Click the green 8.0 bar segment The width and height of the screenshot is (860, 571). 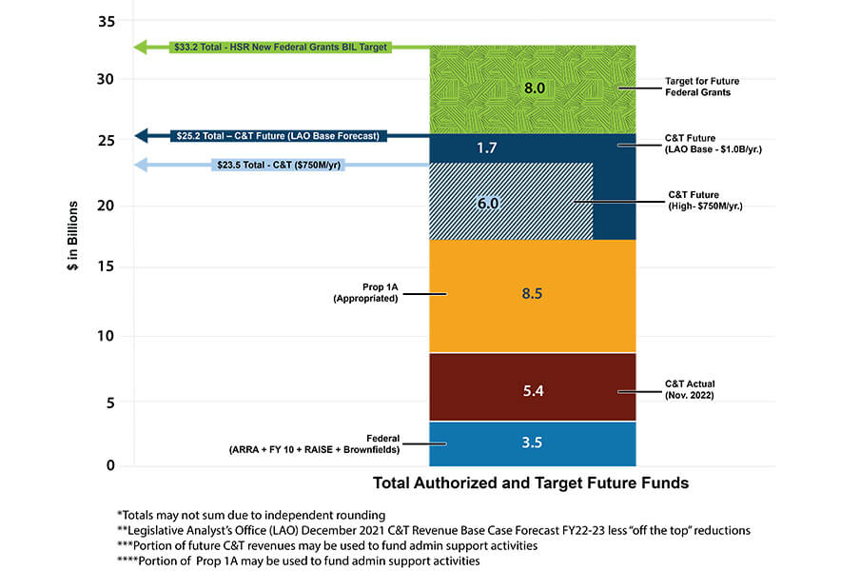click(533, 89)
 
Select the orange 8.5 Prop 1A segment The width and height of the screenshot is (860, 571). click(533, 295)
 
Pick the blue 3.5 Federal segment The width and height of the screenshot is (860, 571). click(533, 443)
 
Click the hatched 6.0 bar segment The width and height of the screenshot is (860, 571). click(511, 202)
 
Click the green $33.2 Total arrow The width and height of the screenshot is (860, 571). click(282, 46)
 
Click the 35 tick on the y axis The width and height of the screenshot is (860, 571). click(107, 20)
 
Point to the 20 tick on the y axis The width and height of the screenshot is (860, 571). click(107, 206)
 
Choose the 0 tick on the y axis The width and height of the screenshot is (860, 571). click(110, 465)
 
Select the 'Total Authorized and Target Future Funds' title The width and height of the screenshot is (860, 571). click(530, 483)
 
